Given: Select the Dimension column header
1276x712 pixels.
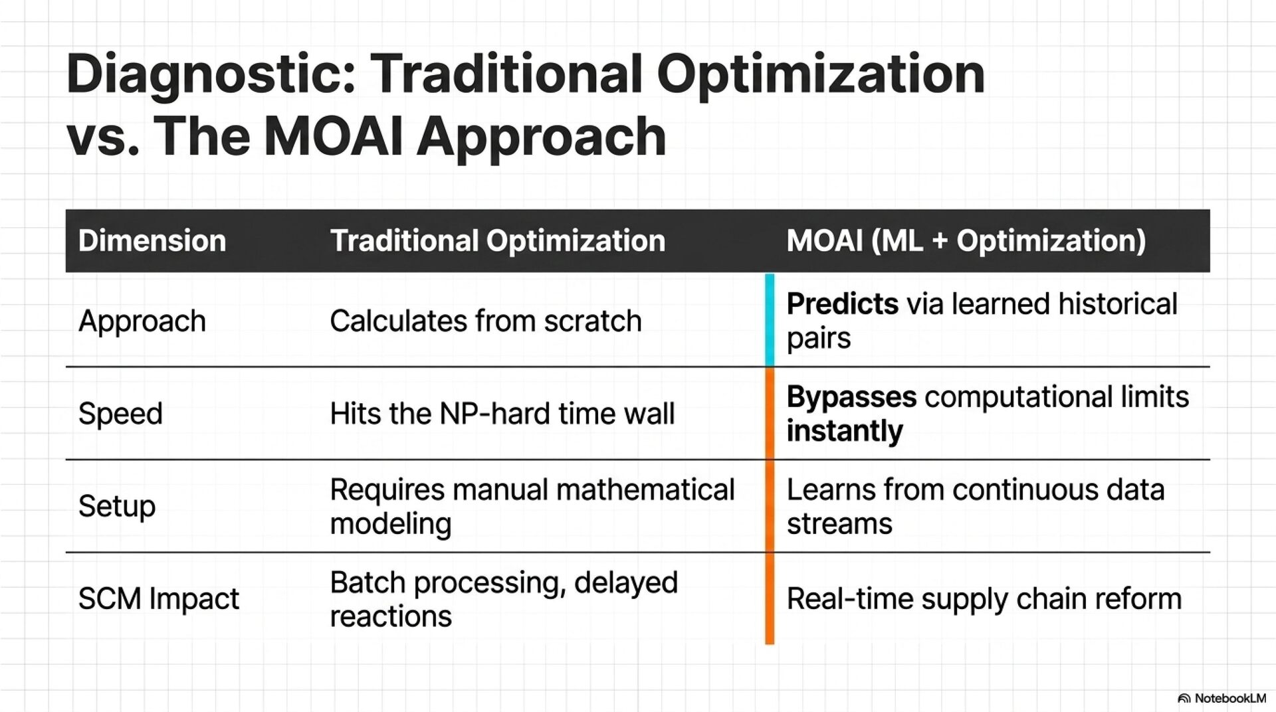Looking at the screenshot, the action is pos(152,240).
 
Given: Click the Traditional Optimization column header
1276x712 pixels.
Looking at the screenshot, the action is pos(498,240).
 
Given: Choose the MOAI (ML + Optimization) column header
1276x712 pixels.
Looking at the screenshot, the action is pos(966,240).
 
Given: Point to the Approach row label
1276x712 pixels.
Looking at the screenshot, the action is pos(142,321).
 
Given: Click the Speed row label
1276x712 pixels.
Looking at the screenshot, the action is pos(120,414).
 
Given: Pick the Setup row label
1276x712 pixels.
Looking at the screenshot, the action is pos(117,506).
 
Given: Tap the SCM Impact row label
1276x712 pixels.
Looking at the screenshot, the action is pos(159,598).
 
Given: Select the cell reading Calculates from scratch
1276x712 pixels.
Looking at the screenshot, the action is pos(486,321).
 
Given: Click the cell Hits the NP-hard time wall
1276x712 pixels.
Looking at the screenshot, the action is pos(502,413).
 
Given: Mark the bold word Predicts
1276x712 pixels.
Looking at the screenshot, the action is pos(843,304).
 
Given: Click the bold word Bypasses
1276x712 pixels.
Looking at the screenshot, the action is pos(852,397).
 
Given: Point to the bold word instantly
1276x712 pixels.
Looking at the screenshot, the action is pos(845,431).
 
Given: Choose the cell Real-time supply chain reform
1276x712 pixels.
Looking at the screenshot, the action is pos(984,598).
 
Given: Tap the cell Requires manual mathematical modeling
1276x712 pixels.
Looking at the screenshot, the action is pos(532,506).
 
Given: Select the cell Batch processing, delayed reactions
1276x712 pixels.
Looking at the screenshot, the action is pos(504,599).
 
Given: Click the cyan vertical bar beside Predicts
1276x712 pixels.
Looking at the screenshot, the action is pos(770,319).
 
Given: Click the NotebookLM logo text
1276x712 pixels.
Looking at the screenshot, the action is pos(1222,698).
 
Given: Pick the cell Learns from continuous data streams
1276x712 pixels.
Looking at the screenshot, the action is pos(976,506).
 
